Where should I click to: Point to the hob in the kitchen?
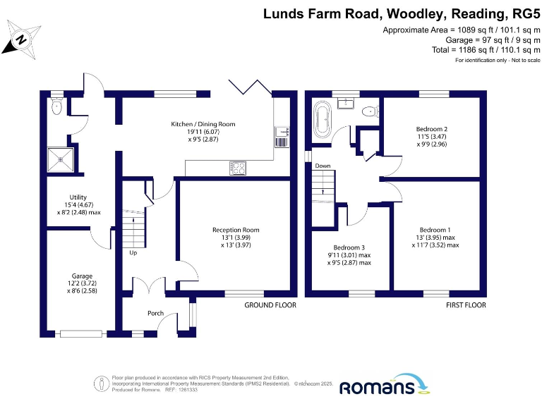pos(238,168)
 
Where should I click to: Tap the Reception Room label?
pos(236,230)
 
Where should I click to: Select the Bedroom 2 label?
pos(432,129)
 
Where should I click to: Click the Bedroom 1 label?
pos(435,230)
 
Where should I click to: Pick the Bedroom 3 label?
pos(349,247)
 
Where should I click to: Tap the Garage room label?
pos(82,276)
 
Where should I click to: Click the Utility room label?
pos(78,197)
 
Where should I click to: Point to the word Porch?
pos(155,314)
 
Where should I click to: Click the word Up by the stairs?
pos(133,252)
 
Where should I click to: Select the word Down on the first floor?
pos(323,166)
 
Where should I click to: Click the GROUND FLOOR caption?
pos(270,305)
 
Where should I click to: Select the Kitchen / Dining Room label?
pos(203,124)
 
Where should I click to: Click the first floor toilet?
pos(368,112)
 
